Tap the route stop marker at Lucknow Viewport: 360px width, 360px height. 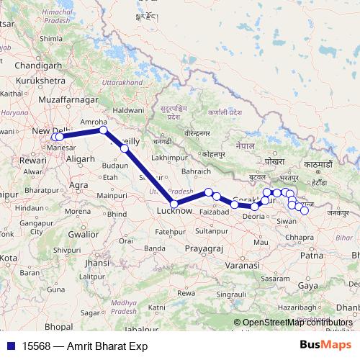(x=174, y=204)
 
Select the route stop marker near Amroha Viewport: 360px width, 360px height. (x=103, y=130)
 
